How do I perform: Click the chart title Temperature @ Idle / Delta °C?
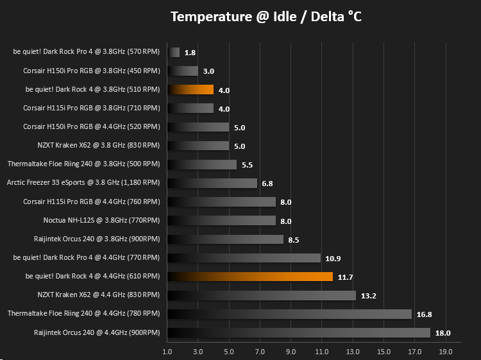tap(266, 17)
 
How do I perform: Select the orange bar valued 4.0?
tap(190, 90)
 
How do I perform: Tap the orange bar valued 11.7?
tap(250, 277)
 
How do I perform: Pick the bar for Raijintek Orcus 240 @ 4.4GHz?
tap(299, 332)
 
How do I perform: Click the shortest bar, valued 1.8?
tap(174, 52)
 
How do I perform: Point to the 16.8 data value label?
tap(425, 314)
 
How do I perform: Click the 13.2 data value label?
tap(368, 296)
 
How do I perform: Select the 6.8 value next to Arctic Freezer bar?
tap(267, 184)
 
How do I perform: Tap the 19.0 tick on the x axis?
tap(446, 352)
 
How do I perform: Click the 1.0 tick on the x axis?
tap(167, 352)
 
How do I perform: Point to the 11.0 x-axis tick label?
tap(321, 352)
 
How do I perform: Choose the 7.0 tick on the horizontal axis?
tap(260, 352)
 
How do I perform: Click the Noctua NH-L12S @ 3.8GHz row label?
tap(101, 220)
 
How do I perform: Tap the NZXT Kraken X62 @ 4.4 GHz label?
tap(99, 295)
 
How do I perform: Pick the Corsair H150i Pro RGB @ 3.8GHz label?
tap(92, 71)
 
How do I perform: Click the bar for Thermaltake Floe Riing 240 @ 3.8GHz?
tap(202, 164)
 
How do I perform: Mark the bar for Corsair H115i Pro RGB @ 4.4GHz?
tap(221, 202)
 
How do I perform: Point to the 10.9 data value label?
tap(333, 259)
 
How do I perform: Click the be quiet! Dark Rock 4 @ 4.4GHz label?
tap(92, 276)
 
